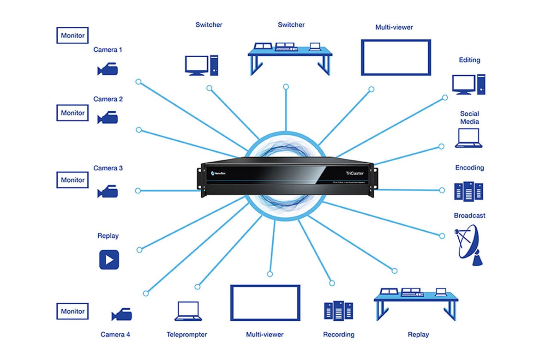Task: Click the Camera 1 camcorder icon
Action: [108, 70]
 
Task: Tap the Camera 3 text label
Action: [108, 168]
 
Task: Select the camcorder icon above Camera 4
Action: [122, 315]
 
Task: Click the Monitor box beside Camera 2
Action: [72, 113]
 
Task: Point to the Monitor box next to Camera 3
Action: [72, 180]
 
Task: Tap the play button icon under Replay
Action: [109, 259]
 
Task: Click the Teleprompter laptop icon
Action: [188, 312]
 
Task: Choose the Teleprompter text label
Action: [187, 334]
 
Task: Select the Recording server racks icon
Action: [338, 311]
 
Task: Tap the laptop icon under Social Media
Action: [468, 138]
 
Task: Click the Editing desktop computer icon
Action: [468, 84]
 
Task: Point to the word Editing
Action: [469, 60]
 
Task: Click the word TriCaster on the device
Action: [355, 173]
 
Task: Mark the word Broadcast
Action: [469, 216]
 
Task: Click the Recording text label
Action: [339, 334]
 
